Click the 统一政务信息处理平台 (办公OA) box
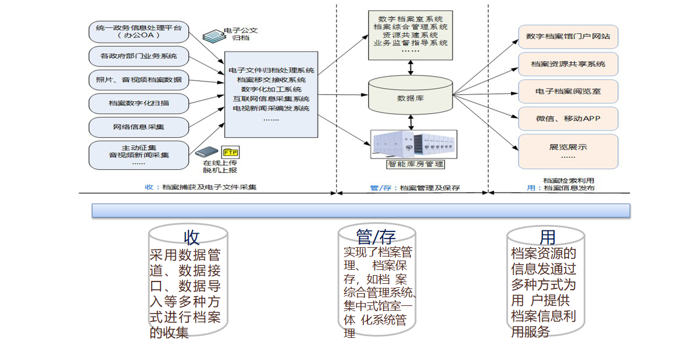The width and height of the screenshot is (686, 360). point(139,31)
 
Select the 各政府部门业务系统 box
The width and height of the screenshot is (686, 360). point(139,56)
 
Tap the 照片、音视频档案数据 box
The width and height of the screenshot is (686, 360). point(139,79)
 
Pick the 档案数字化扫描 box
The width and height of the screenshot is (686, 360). point(139,103)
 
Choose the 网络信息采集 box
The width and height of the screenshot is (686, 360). point(139,126)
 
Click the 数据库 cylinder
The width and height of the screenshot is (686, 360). point(411,95)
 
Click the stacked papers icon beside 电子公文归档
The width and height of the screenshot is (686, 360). point(213,35)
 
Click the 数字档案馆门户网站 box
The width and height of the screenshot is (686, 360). point(567,36)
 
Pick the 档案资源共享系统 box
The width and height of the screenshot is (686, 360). point(567,64)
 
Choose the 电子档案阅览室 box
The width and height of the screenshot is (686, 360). point(567,91)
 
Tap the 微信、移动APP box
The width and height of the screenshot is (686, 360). point(567,119)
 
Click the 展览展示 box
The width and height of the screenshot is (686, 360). point(567,151)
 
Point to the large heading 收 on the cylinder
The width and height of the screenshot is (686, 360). point(191,237)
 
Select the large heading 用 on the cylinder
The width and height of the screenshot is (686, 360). point(547,237)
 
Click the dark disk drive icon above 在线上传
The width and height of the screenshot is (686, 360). point(206,152)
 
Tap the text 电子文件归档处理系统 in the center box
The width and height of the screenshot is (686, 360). point(271,70)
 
